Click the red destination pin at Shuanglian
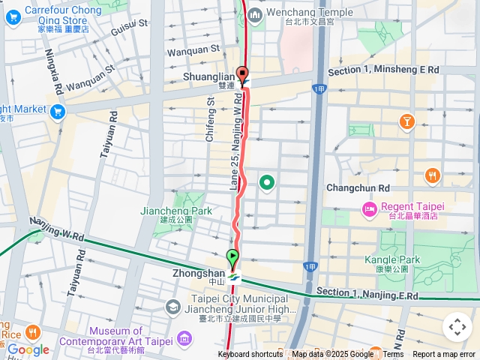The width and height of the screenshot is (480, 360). (x=242, y=74)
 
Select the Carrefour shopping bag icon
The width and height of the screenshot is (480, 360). (x=13, y=10)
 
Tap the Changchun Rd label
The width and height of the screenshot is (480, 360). (x=358, y=187)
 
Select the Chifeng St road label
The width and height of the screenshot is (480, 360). (x=211, y=117)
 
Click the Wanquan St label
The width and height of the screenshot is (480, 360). (x=192, y=49)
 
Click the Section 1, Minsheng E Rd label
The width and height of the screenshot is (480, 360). (x=383, y=70)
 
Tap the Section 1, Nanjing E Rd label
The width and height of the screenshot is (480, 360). (x=367, y=295)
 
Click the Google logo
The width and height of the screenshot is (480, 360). (x=28, y=349)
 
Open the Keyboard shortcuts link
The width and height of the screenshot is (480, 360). (x=250, y=355)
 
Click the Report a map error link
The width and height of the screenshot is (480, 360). (x=444, y=355)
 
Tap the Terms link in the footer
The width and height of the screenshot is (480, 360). (x=393, y=355)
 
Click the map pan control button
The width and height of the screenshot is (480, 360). (x=457, y=327)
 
